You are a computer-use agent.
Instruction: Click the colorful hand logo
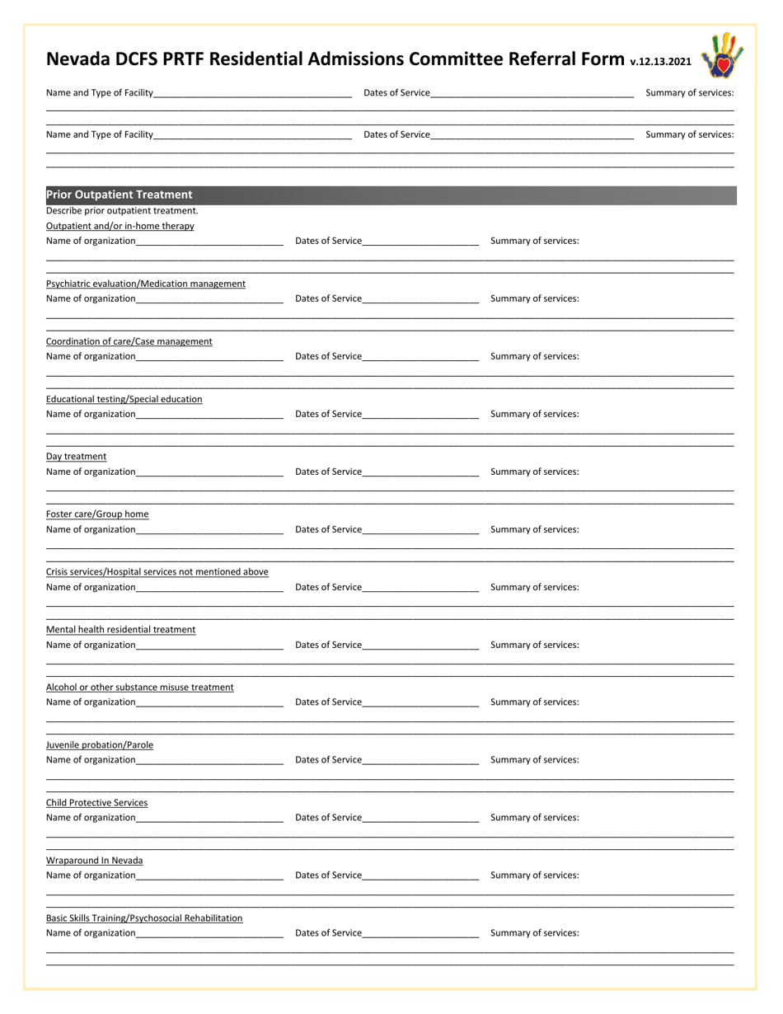[x=722, y=55]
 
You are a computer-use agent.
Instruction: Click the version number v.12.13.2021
[x=660, y=61]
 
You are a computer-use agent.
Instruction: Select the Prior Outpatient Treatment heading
[x=120, y=195]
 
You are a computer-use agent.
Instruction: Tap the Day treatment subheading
[x=76, y=457]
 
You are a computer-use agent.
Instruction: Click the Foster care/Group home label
[x=97, y=514]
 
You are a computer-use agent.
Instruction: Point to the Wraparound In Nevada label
[x=94, y=861]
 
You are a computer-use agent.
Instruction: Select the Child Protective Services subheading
[x=96, y=803]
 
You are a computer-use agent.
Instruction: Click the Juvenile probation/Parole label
[x=99, y=745]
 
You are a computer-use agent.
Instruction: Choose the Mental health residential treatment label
[x=120, y=630]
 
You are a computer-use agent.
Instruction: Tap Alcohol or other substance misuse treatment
[x=139, y=688]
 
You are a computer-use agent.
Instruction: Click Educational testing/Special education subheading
[x=124, y=399]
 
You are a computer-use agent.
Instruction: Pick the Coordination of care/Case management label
[x=129, y=341]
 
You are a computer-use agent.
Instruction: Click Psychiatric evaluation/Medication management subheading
[x=145, y=284]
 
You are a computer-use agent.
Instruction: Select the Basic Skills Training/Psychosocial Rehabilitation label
[x=144, y=918]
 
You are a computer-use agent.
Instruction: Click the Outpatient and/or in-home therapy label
[x=120, y=226]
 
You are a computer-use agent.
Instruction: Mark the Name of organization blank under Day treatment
[x=209, y=472]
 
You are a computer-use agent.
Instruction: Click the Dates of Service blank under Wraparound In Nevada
[x=420, y=876]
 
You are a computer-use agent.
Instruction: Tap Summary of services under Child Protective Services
[x=534, y=818]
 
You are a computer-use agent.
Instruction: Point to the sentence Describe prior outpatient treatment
[x=122, y=211]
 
